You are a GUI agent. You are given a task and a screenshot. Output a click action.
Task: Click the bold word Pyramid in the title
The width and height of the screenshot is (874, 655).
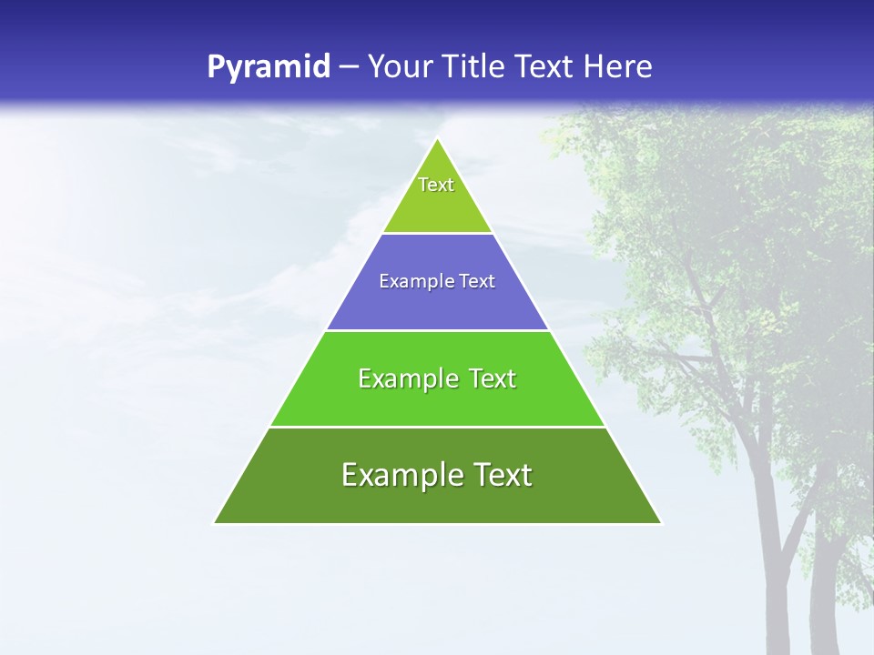(x=268, y=67)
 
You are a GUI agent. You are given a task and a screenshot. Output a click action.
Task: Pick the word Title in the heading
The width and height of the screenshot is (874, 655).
(x=473, y=67)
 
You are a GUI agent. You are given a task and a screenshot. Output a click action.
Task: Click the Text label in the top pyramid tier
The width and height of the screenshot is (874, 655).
(x=436, y=185)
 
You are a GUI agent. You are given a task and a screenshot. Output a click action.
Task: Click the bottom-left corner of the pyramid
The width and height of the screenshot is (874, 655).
(x=215, y=523)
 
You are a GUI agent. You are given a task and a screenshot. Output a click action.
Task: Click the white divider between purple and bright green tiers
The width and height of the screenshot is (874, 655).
(x=437, y=330)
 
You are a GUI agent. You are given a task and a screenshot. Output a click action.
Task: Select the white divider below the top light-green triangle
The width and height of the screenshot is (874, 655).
(x=437, y=234)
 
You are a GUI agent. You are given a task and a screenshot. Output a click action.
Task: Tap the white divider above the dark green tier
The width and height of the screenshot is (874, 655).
(x=437, y=427)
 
